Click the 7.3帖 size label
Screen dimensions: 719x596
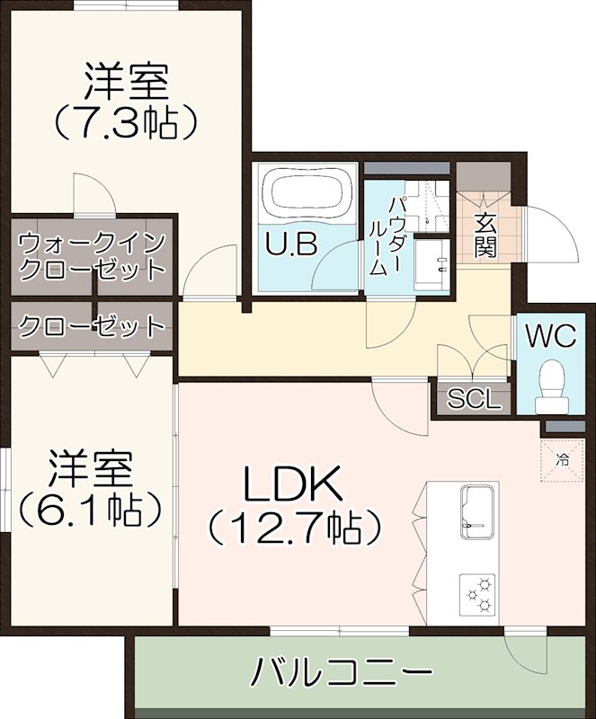coord(126,122)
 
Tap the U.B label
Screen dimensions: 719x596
coord(290,244)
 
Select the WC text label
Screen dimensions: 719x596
coord(549,336)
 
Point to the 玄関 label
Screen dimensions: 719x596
coord(486,235)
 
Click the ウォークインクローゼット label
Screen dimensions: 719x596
coord(92,255)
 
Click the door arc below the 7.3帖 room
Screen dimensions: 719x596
coord(93,191)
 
